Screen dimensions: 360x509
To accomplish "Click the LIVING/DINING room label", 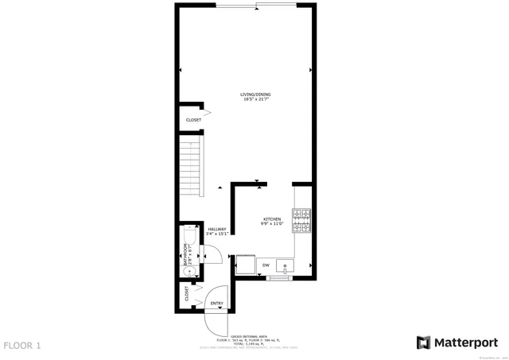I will click(x=256, y=95).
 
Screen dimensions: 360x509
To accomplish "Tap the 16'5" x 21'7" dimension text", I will click(x=256, y=99).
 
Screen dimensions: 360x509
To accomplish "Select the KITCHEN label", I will click(x=272, y=219).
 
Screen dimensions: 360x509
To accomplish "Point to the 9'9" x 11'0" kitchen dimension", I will click(x=272, y=224).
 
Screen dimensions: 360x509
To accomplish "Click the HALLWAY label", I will click(x=217, y=229).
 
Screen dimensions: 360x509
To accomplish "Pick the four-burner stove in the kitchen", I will click(x=301, y=221).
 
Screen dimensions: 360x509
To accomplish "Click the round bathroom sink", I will click(x=188, y=270).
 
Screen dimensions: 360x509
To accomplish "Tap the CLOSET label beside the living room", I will click(x=194, y=120).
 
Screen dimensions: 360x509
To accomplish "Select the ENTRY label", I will click(x=216, y=304).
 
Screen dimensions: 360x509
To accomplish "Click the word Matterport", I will click(x=468, y=342).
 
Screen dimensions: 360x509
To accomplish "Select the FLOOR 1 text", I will click(x=22, y=346).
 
